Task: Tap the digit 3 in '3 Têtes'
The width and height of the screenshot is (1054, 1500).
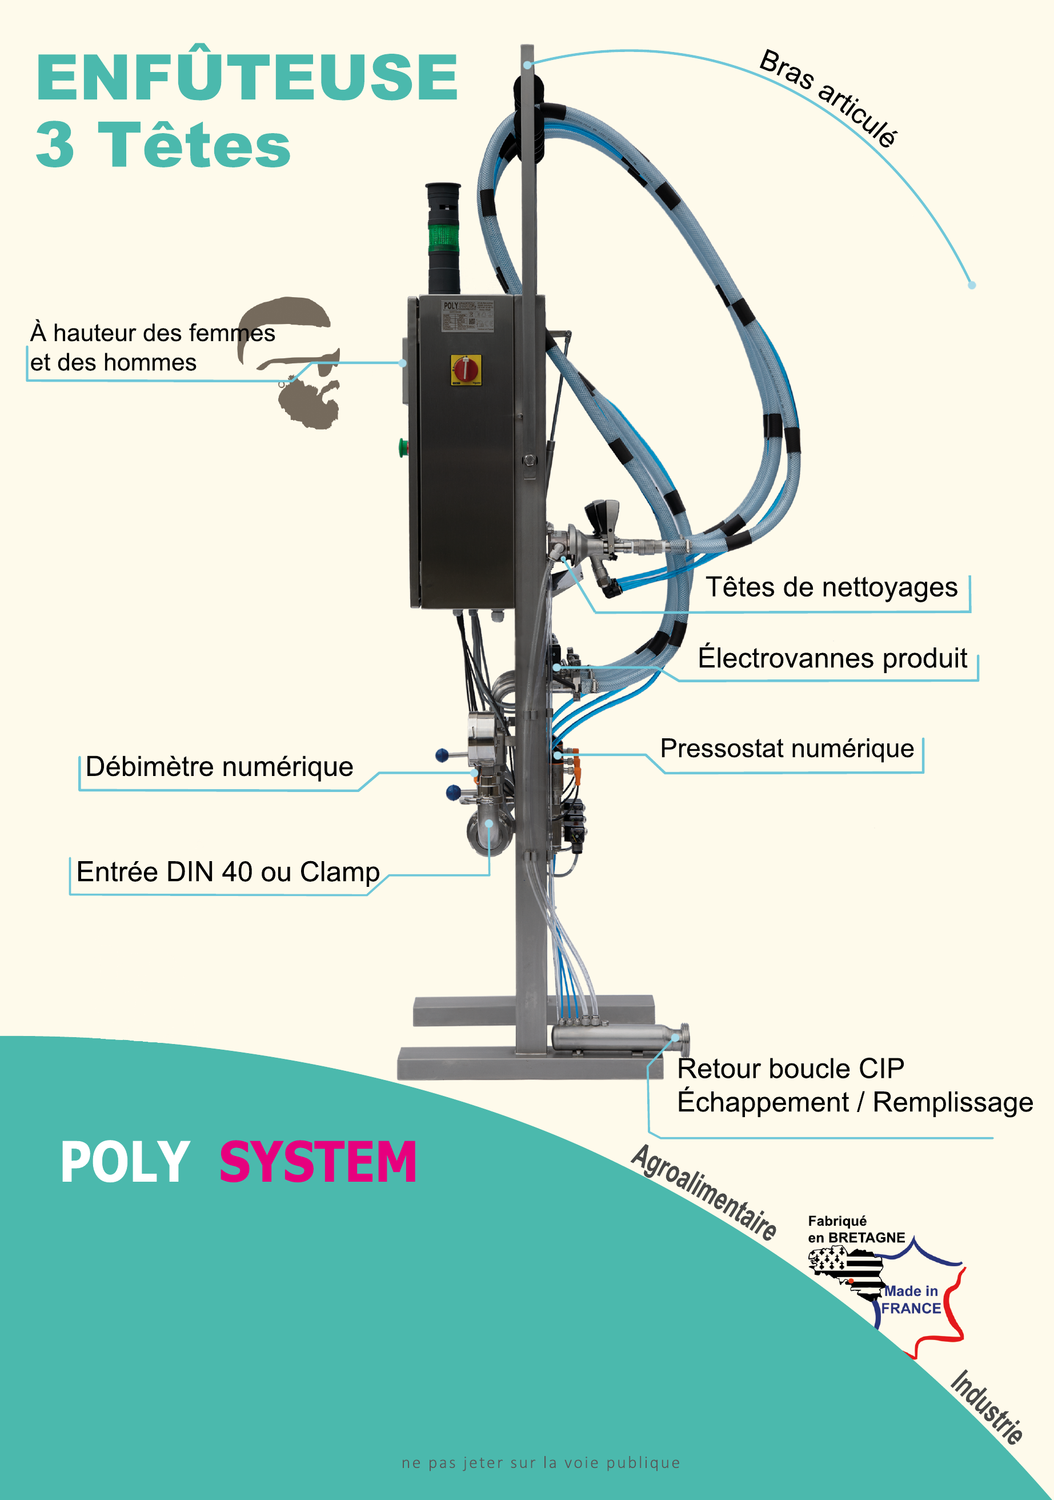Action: click(x=55, y=145)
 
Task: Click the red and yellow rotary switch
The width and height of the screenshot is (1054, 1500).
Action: click(x=466, y=370)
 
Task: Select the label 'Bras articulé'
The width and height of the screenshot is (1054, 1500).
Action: click(x=828, y=98)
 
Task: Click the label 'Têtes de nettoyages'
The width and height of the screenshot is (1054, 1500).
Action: click(x=831, y=587)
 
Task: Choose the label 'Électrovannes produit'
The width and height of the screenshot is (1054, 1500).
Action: click(x=832, y=658)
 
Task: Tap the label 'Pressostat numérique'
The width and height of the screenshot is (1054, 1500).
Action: click(x=787, y=749)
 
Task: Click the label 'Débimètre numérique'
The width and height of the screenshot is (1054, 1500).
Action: click(x=219, y=767)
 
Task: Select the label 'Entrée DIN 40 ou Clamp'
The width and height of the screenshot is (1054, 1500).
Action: click(x=228, y=871)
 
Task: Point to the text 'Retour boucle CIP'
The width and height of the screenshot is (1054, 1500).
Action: click(x=790, y=1069)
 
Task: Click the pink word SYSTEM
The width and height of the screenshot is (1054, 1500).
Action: click(x=318, y=1162)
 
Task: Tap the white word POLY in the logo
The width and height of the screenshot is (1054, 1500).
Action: click(x=125, y=1162)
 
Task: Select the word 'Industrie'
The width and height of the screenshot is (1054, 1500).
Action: click(x=986, y=1407)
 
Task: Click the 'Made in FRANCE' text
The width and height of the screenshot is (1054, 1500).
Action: click(x=911, y=1299)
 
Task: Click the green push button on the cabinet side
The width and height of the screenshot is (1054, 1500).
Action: click(x=403, y=447)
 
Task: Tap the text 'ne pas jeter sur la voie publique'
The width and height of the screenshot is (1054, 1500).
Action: click(x=541, y=1463)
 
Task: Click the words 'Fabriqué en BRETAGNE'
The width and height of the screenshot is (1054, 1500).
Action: click(x=856, y=1229)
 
